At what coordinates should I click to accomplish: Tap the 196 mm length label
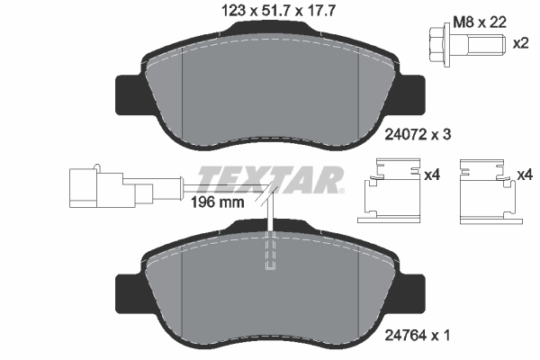[x=219, y=202]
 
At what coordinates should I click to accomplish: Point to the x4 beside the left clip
[x=431, y=175]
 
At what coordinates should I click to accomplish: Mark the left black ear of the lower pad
[x=128, y=290]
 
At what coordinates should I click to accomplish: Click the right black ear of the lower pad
[x=412, y=290]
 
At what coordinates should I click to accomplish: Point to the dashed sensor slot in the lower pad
[x=270, y=253]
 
